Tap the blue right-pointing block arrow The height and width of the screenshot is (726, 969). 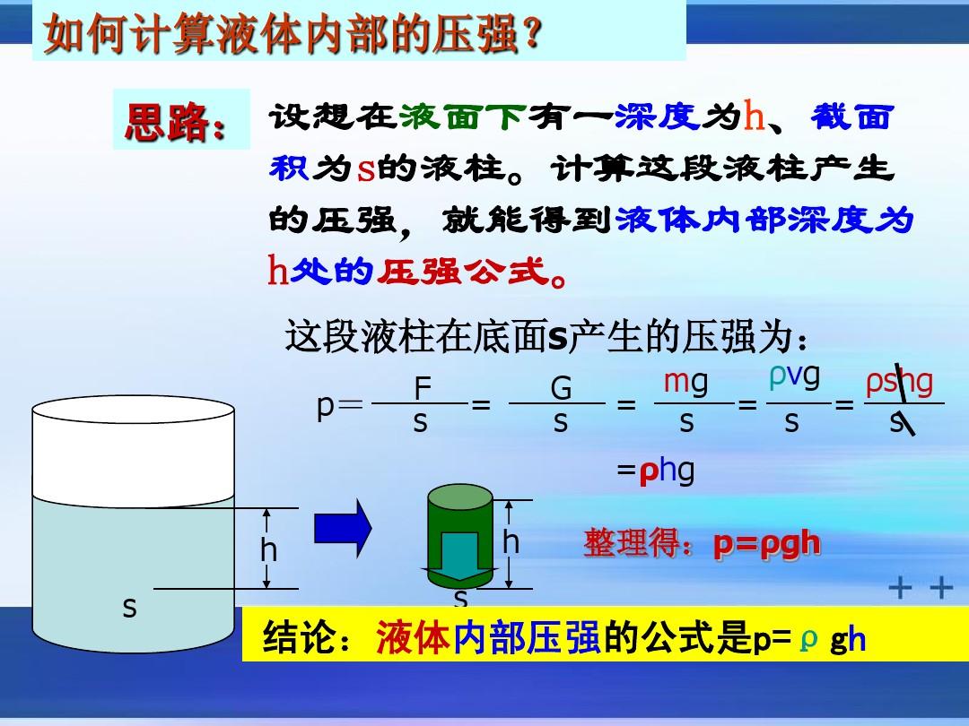click(343, 529)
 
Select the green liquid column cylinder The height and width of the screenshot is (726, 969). click(459, 536)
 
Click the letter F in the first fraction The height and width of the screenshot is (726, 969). click(422, 388)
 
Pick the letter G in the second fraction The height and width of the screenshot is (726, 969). click(561, 388)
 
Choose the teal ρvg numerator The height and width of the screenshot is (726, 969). click(795, 376)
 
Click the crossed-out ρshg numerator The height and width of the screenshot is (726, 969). click(899, 383)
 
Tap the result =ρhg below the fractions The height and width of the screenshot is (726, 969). click(656, 471)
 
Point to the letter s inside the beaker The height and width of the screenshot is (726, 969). click(129, 608)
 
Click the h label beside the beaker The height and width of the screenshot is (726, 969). click(268, 549)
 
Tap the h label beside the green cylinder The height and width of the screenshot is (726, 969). click(511, 541)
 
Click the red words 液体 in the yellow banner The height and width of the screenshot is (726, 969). click(412, 637)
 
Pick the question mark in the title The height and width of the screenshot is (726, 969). click(531, 34)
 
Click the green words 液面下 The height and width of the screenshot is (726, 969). click(463, 117)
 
